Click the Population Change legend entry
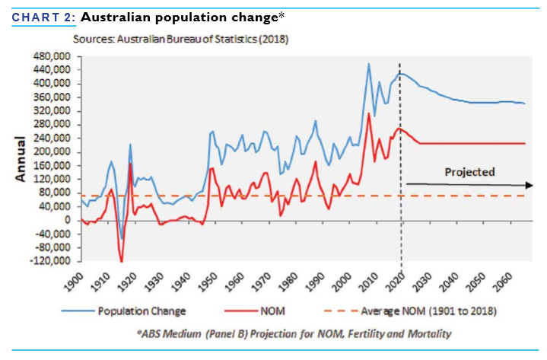tap(141, 311)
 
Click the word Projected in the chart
tap(469, 172)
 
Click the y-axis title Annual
tap(21, 159)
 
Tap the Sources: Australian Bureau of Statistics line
tap(180, 38)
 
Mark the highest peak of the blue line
tap(369, 64)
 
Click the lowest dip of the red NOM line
tap(122, 262)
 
